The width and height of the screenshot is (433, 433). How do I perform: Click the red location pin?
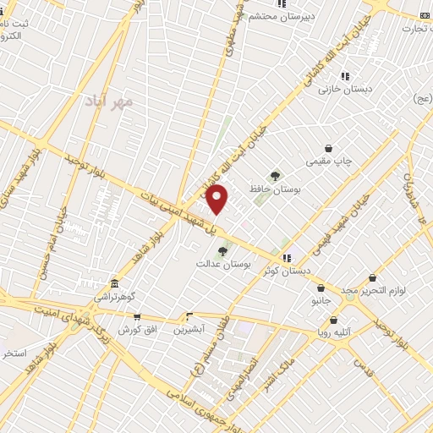pyautogui.click(x=217, y=198)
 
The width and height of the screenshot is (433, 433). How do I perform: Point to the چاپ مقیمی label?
pyautogui.click(x=328, y=159)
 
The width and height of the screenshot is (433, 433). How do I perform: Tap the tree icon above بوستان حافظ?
pyautogui.click(x=274, y=175)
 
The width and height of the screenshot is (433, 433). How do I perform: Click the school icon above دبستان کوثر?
pyautogui.click(x=287, y=258)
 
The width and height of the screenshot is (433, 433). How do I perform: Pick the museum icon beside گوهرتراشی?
pyautogui.click(x=114, y=283)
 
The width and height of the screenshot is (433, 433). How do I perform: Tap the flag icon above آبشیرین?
pyautogui.click(x=189, y=317)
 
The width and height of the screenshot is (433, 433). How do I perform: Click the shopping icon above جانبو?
pyautogui.click(x=321, y=288)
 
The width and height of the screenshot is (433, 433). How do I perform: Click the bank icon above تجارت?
pyautogui.click(x=425, y=15)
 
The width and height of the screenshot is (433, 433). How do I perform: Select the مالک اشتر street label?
pyautogui.click(x=277, y=370)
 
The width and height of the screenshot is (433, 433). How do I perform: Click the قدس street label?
pyautogui.click(x=364, y=368)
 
